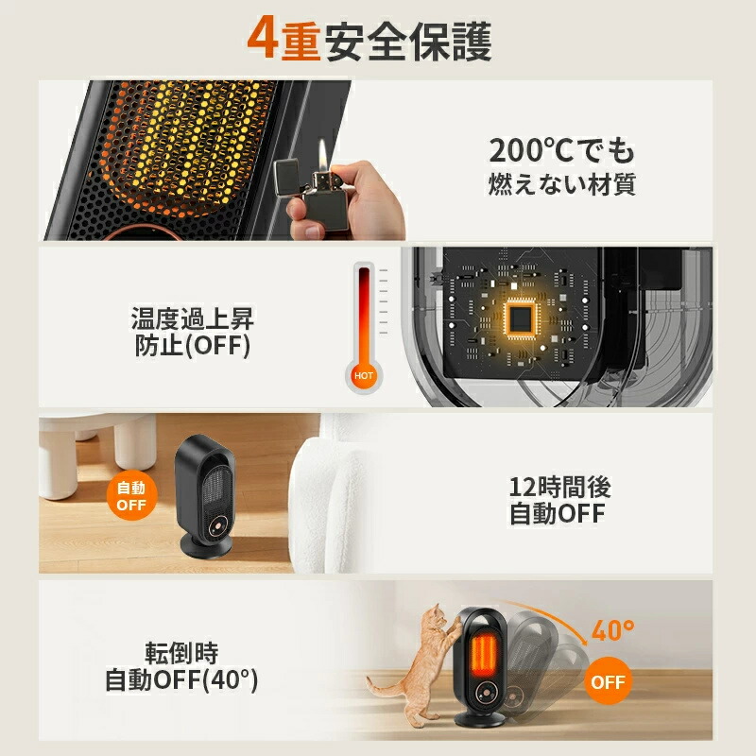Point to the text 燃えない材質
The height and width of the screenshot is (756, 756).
pos(561,183)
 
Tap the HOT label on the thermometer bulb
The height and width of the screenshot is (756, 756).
pos(365,375)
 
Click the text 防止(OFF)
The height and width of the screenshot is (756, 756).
pos(192,347)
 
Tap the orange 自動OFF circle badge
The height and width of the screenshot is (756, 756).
pos(131,496)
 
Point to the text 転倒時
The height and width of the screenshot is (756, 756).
pos(181,652)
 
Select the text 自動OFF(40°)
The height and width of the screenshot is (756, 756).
pos(181,679)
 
